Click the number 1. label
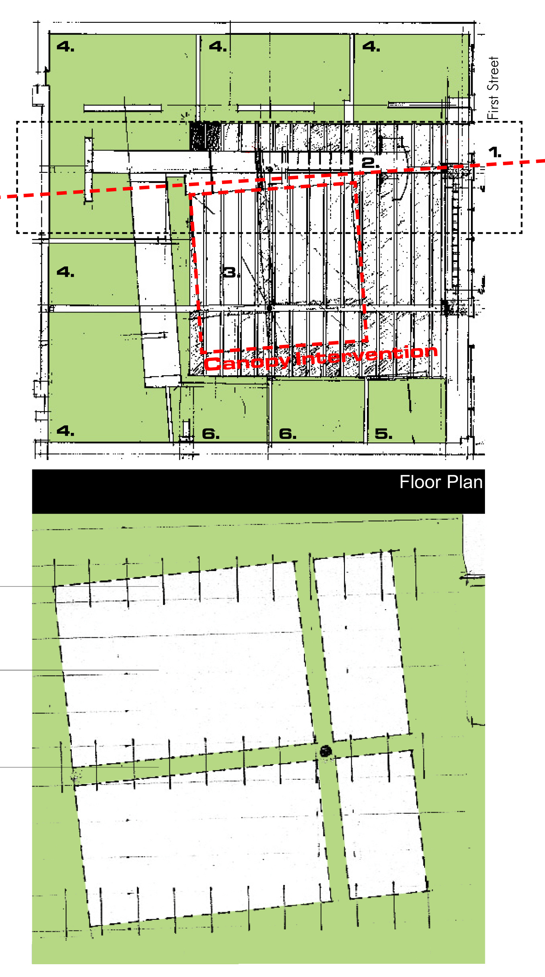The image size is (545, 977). tap(495, 152)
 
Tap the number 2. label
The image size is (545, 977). tap(370, 163)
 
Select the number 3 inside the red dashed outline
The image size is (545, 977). tap(229, 272)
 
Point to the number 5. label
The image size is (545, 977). tap(383, 434)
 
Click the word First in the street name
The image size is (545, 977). tap(493, 107)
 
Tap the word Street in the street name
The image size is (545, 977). tap(493, 74)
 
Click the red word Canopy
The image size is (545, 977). tap(247, 362)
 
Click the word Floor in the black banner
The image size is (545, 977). tap(420, 482)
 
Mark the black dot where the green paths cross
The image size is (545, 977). tap(326, 751)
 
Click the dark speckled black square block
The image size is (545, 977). tap(205, 136)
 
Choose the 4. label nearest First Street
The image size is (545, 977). tap(371, 47)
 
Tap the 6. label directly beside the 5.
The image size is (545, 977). tap(288, 434)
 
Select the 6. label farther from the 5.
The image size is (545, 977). tap(211, 434)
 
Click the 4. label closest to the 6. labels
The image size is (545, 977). tap(65, 431)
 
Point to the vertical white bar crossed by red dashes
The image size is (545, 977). tap(88, 170)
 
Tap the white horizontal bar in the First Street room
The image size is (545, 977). tap(418, 105)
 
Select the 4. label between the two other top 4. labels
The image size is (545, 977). tap(218, 47)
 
